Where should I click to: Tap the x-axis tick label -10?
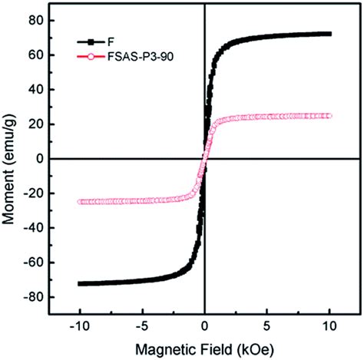[x=78, y=326]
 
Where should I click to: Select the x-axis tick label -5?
[x=141, y=326]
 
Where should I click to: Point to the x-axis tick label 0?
[x=204, y=326]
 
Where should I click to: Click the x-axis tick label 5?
[x=267, y=326]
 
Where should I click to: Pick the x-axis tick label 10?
[x=330, y=326]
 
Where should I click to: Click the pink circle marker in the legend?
[x=91, y=57]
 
